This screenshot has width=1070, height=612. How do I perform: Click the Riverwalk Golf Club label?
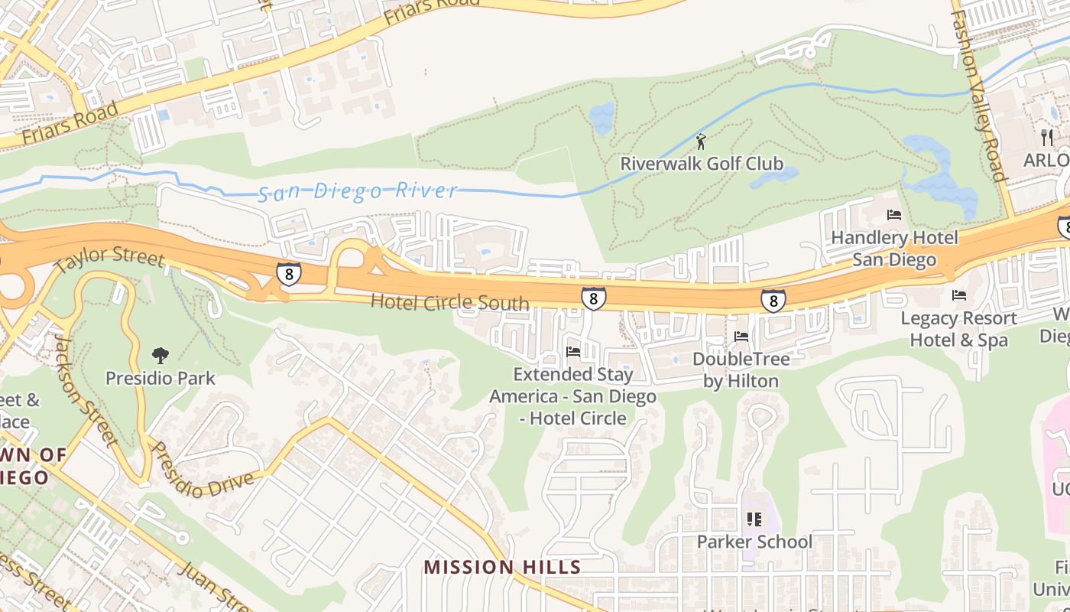(x=701, y=164)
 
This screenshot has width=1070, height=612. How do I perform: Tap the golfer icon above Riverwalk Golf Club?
(x=701, y=142)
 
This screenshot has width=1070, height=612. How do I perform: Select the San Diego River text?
(x=358, y=192)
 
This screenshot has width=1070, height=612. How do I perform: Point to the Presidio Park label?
(x=160, y=378)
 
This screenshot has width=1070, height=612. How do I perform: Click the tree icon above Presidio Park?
(x=160, y=355)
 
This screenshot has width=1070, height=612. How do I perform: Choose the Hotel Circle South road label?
(x=449, y=302)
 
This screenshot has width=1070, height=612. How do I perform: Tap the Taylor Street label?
(x=109, y=258)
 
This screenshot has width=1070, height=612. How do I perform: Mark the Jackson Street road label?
(x=85, y=389)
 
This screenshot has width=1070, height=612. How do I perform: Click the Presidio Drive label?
(x=202, y=469)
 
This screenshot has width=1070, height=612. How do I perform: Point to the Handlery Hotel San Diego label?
(x=894, y=249)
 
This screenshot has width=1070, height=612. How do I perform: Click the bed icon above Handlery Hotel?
(x=894, y=215)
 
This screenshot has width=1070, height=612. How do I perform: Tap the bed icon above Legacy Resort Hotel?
(x=959, y=295)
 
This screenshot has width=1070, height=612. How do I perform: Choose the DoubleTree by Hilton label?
(x=741, y=369)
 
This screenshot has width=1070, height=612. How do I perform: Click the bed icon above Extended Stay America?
(x=573, y=352)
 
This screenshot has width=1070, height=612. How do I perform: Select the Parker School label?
(x=754, y=542)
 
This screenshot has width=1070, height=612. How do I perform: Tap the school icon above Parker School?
(x=754, y=519)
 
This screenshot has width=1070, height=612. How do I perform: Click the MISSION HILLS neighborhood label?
(x=502, y=567)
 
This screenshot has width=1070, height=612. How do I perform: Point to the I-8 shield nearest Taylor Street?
(x=288, y=274)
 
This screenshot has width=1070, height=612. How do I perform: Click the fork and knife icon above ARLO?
(x=1047, y=138)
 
